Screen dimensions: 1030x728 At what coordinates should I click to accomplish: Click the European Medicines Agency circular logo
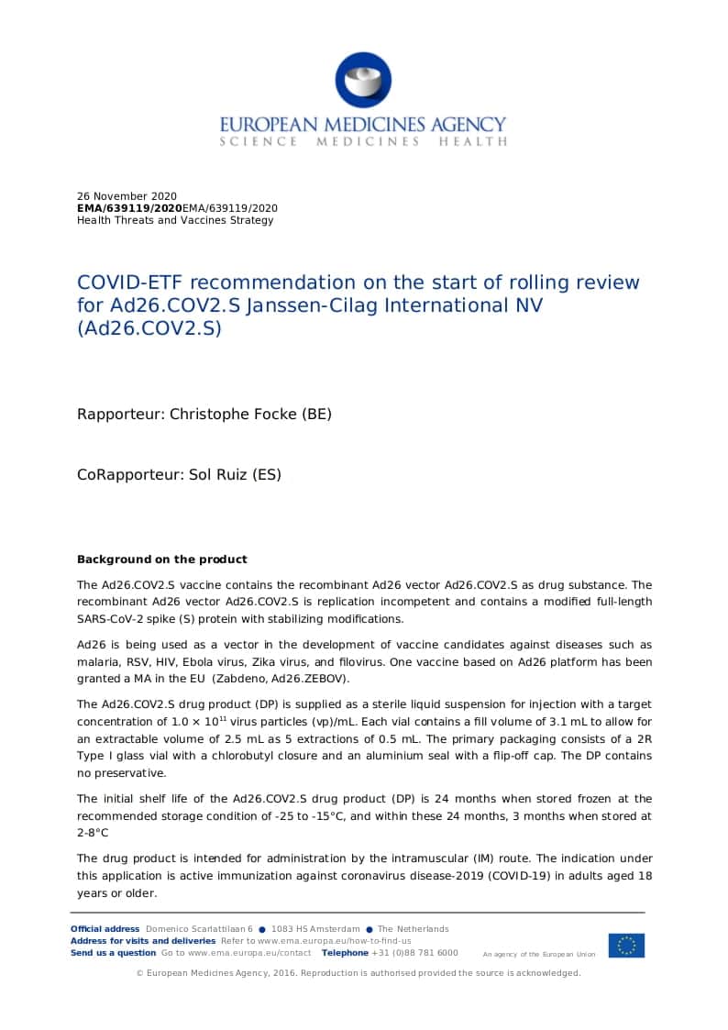(x=363, y=80)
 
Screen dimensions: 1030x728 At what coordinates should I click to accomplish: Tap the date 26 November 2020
(x=127, y=196)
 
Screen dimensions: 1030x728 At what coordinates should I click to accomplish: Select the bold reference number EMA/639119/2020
(x=123, y=208)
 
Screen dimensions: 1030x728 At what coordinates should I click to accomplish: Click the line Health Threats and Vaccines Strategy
(x=175, y=220)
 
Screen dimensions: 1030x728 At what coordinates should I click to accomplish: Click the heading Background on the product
(x=162, y=559)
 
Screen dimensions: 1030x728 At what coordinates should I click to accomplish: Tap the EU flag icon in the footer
(x=625, y=945)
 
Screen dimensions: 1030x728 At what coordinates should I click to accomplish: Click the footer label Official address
(x=105, y=929)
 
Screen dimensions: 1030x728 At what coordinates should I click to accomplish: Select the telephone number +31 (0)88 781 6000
(x=414, y=953)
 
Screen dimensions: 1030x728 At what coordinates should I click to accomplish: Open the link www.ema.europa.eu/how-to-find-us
(x=334, y=941)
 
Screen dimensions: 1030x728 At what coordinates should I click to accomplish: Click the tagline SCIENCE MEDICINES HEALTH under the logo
(x=363, y=142)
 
